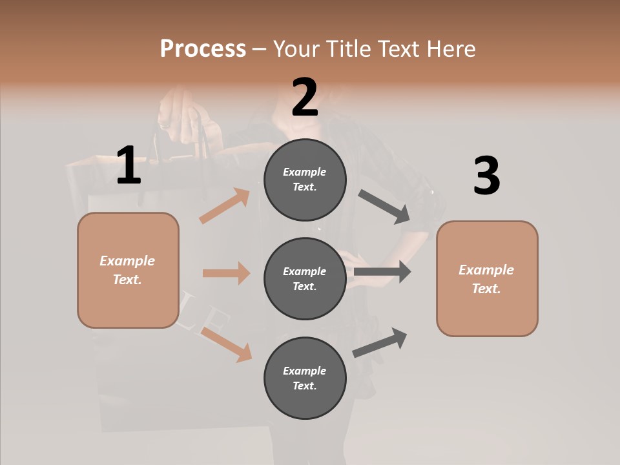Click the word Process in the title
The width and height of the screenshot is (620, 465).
point(203,49)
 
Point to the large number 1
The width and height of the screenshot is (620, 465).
point(129,165)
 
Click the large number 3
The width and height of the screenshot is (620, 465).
point(486,176)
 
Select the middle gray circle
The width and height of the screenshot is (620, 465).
point(305,279)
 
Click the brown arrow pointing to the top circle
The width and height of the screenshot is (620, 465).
point(225,206)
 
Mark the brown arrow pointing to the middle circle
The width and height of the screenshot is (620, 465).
point(226,273)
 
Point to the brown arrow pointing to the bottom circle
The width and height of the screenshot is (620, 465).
point(227,344)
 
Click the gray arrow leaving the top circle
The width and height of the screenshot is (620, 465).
point(384,206)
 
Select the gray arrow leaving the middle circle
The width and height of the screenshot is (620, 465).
point(382,272)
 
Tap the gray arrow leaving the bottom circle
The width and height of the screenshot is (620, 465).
point(380,342)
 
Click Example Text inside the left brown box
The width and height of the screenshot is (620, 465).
point(127,270)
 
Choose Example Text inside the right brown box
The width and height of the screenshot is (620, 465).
point(486,279)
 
